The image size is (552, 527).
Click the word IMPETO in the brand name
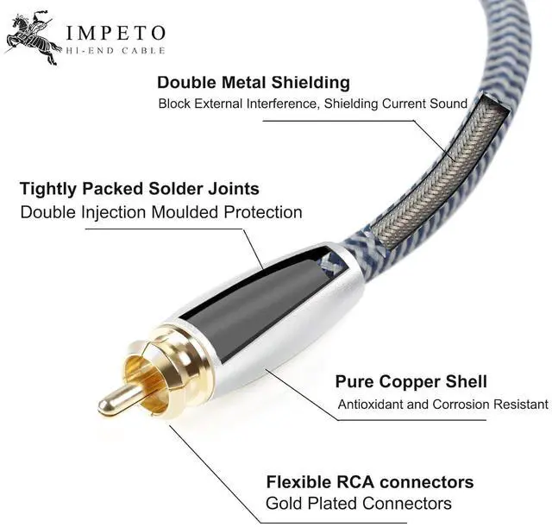[x=116, y=34]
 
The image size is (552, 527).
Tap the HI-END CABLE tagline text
[x=115, y=53]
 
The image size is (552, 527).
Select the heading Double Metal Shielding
[x=254, y=83]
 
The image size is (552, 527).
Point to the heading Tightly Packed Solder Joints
[x=140, y=188]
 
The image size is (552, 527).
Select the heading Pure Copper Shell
[x=411, y=381]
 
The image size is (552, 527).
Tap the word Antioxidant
[x=372, y=405]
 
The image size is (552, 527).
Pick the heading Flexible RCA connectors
[x=369, y=481]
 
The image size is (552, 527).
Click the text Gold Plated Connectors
[x=358, y=504]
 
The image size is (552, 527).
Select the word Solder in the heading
[x=173, y=188]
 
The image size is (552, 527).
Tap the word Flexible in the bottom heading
[x=298, y=481]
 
